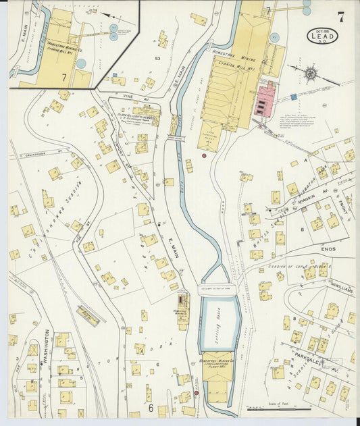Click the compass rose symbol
point(311,73)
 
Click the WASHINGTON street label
point(46,347)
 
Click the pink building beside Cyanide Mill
point(264,101)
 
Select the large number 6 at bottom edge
point(151,408)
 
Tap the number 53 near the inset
point(158,59)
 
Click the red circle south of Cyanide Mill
point(204,156)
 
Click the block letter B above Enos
point(302,230)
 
